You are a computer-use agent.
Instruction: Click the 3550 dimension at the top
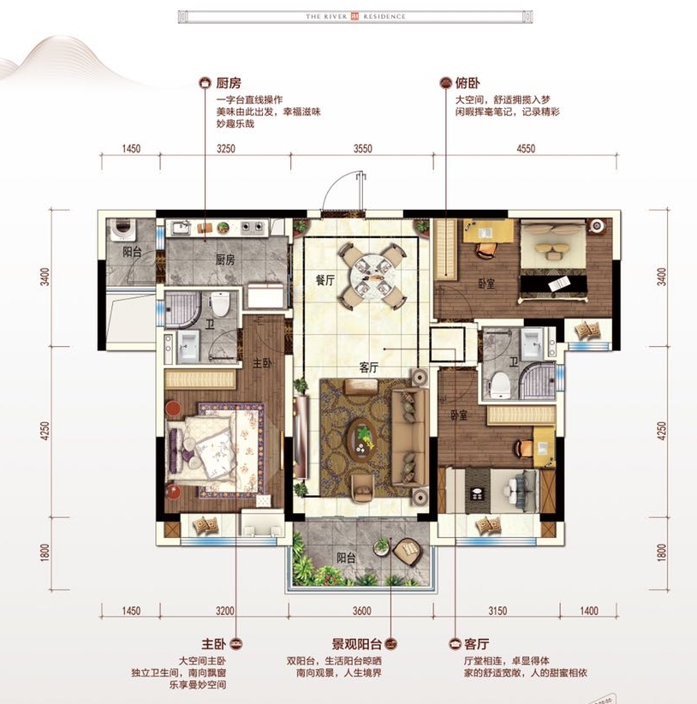(363, 148)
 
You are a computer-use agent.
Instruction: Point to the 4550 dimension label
(526, 148)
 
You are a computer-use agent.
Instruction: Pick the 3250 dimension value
(225, 148)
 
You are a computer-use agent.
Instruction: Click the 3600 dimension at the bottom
(360, 611)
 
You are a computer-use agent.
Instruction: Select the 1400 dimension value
(587, 611)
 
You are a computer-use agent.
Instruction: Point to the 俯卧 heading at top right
(468, 83)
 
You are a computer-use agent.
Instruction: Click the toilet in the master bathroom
(221, 305)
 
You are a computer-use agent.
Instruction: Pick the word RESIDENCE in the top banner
(386, 16)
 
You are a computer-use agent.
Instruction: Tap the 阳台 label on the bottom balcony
(345, 558)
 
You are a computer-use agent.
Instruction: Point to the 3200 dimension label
(225, 611)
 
